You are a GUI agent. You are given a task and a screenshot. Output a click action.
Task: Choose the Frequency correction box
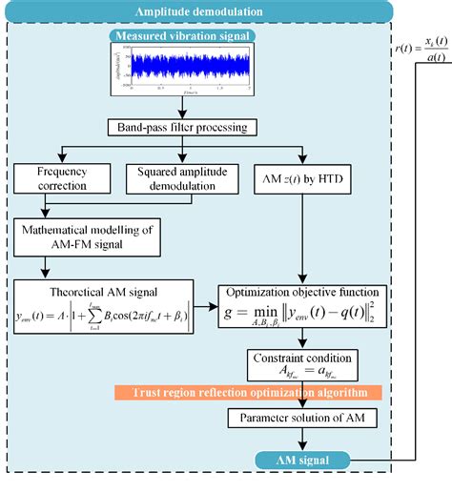pos(61,178)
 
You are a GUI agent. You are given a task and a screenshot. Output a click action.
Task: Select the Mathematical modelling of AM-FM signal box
pos(93,236)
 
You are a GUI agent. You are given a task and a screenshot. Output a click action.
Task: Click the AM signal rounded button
pos(303,461)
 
